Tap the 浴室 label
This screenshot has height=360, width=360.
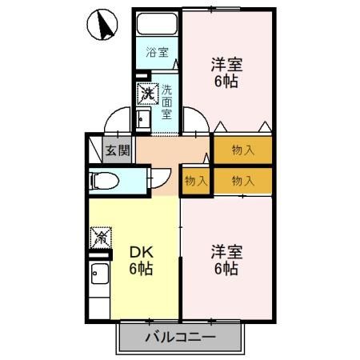point(157,53)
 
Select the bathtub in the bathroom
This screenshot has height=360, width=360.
point(158,25)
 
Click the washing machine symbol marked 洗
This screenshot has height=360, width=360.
point(148,94)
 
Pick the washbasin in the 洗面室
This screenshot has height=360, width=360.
point(145,120)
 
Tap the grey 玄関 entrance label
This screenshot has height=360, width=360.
point(117,150)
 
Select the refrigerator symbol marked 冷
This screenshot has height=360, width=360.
point(101,237)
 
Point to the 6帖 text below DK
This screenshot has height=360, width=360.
point(141,270)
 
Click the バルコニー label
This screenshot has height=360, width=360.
point(180,337)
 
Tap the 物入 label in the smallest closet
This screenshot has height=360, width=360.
point(196,181)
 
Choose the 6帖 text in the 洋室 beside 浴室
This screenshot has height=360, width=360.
point(226,82)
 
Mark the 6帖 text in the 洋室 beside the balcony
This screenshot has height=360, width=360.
point(226,270)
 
